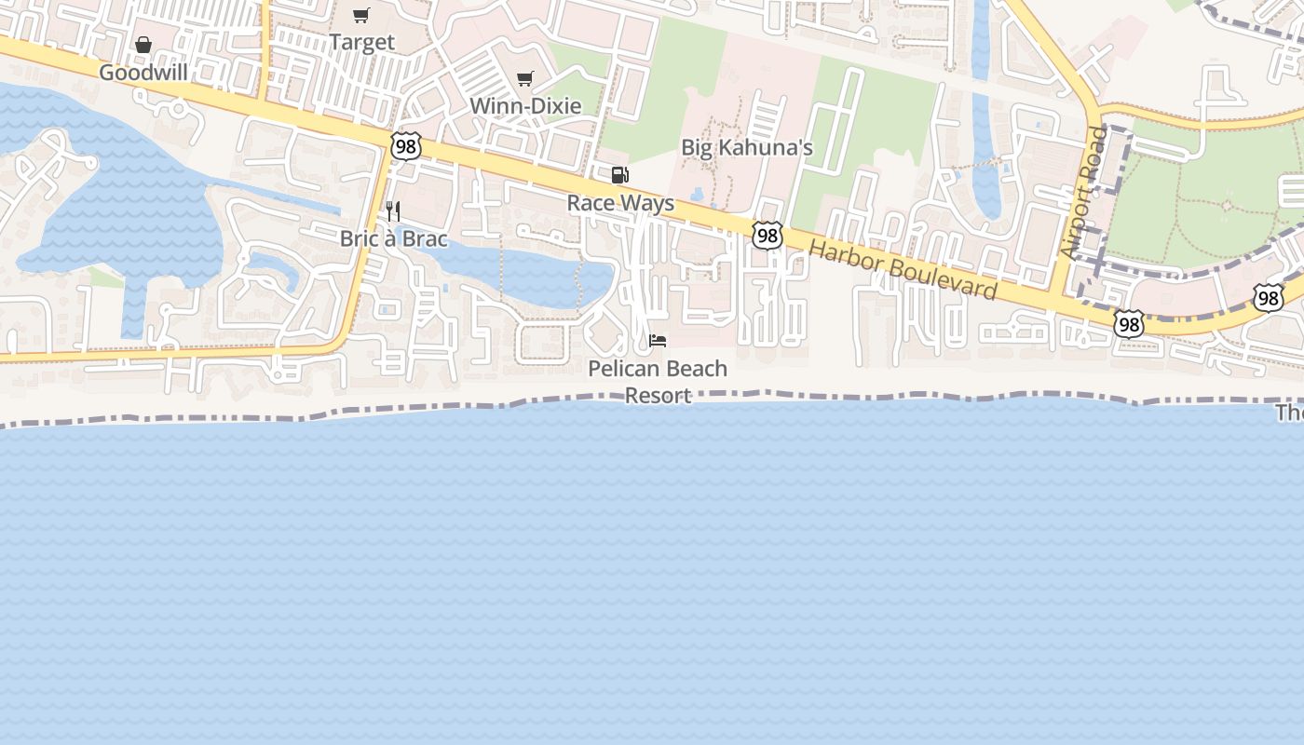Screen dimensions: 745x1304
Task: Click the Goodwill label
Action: click(143, 73)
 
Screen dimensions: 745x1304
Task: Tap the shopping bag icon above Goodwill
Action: click(143, 45)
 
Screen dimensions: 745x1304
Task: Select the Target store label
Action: click(361, 43)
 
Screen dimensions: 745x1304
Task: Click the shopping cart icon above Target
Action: click(361, 15)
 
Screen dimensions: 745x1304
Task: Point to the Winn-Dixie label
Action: click(525, 106)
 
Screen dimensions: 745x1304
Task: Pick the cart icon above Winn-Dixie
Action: click(525, 78)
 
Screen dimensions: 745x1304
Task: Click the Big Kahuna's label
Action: click(747, 147)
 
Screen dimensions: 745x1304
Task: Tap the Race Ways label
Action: click(620, 203)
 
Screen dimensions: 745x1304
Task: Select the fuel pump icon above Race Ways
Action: click(619, 175)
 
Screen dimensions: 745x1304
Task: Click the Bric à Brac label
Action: click(393, 238)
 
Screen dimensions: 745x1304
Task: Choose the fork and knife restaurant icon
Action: click(393, 211)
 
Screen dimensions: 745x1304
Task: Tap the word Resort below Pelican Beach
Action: click(658, 395)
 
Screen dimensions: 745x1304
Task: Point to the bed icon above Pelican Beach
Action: click(658, 341)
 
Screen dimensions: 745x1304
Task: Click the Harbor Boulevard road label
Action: click(903, 270)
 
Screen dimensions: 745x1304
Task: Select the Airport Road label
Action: click(1083, 193)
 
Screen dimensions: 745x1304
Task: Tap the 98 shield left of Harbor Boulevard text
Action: click(767, 236)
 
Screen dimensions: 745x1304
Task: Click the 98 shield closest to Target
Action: click(407, 146)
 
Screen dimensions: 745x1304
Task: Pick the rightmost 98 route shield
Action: click(1268, 298)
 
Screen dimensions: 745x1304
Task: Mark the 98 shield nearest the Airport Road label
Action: click(1129, 324)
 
